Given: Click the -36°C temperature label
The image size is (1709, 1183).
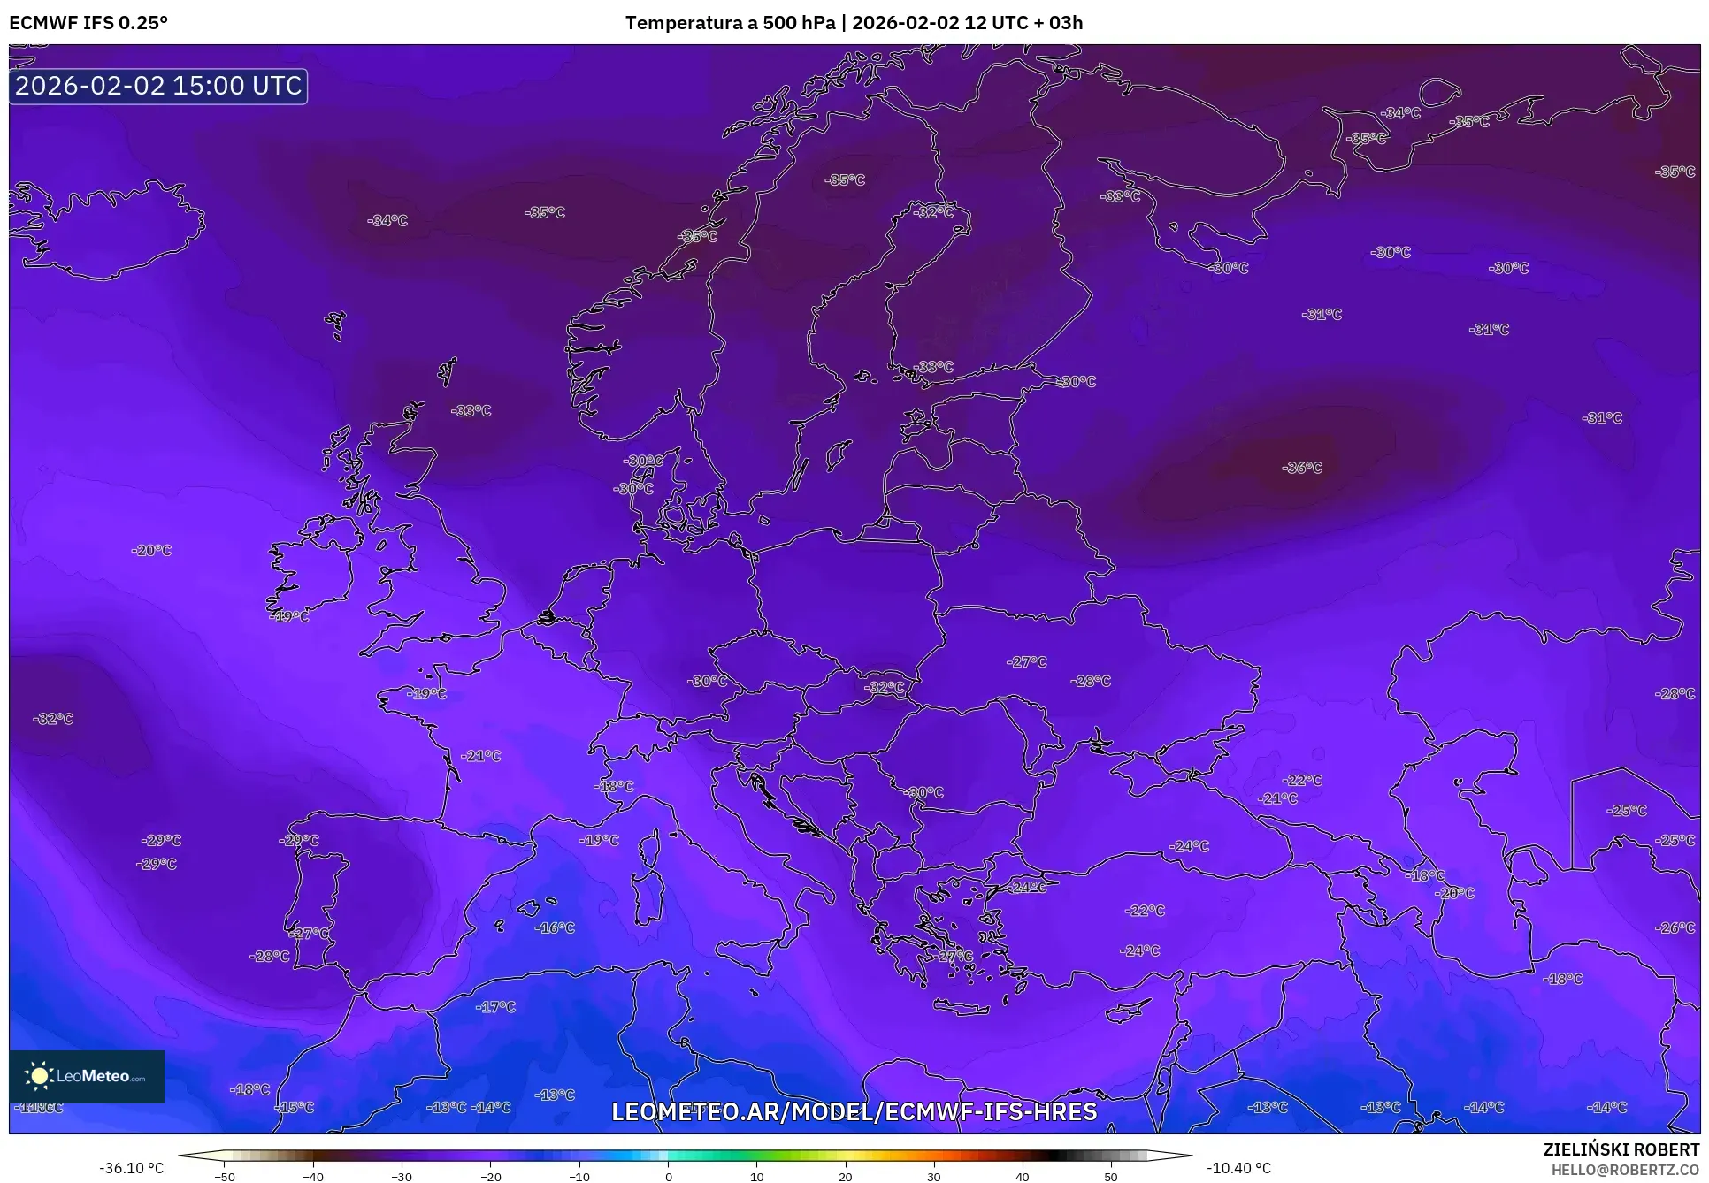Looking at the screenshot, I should click(1301, 468).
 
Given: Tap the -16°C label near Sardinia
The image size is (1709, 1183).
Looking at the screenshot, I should click(555, 927).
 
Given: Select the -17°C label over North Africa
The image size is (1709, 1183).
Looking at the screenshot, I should click(495, 1007).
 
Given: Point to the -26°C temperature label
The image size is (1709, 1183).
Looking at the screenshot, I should click(1675, 927).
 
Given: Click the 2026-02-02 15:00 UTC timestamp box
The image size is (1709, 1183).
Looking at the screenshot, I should click(158, 86).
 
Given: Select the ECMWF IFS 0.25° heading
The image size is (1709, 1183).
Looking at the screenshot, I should click(88, 22).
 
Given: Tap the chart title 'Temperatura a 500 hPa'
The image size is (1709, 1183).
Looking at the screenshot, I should click(730, 22).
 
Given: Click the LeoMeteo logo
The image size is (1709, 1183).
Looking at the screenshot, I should click(87, 1076).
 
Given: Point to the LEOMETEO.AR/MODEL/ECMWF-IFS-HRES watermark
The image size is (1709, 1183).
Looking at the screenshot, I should click(854, 1111).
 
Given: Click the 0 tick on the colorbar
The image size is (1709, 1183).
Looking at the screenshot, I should click(668, 1177).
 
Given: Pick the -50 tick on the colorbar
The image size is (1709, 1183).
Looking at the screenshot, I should click(225, 1177).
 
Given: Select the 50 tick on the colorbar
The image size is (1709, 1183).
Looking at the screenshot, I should click(1111, 1177).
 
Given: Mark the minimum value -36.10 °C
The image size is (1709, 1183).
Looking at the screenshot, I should click(132, 1168).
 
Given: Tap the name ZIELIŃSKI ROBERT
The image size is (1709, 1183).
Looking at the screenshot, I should click(1621, 1149).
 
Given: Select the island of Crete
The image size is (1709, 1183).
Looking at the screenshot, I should click(962, 1007).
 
